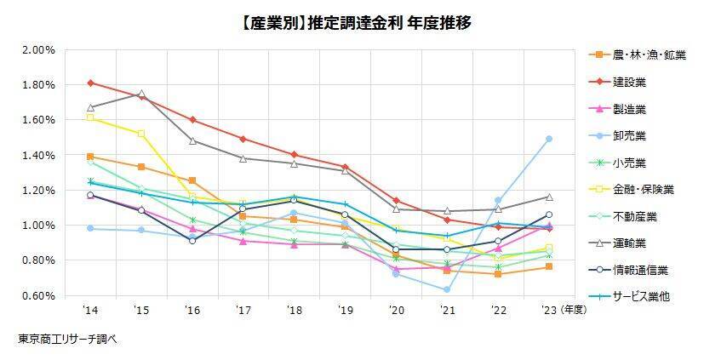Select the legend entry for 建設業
(x=629, y=83)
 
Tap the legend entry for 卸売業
(x=629, y=135)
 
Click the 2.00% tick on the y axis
(x=38, y=50)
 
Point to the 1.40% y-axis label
(x=38, y=156)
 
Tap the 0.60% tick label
(x=38, y=295)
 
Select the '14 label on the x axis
(x=91, y=311)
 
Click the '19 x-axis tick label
(x=345, y=311)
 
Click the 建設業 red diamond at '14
(x=91, y=83)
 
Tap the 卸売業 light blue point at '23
(x=549, y=139)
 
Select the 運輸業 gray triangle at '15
(x=141, y=94)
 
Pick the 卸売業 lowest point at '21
(x=447, y=290)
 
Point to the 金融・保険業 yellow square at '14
(x=91, y=117)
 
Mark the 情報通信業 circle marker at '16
(x=192, y=241)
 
